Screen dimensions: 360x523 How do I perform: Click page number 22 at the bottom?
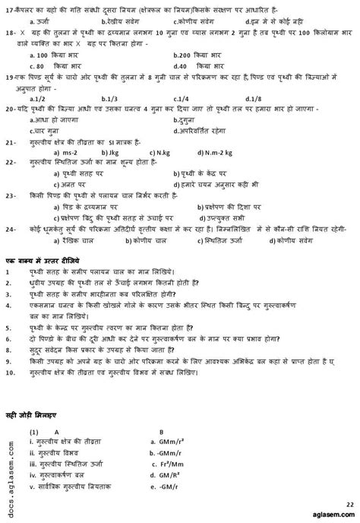pos(349,503)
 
